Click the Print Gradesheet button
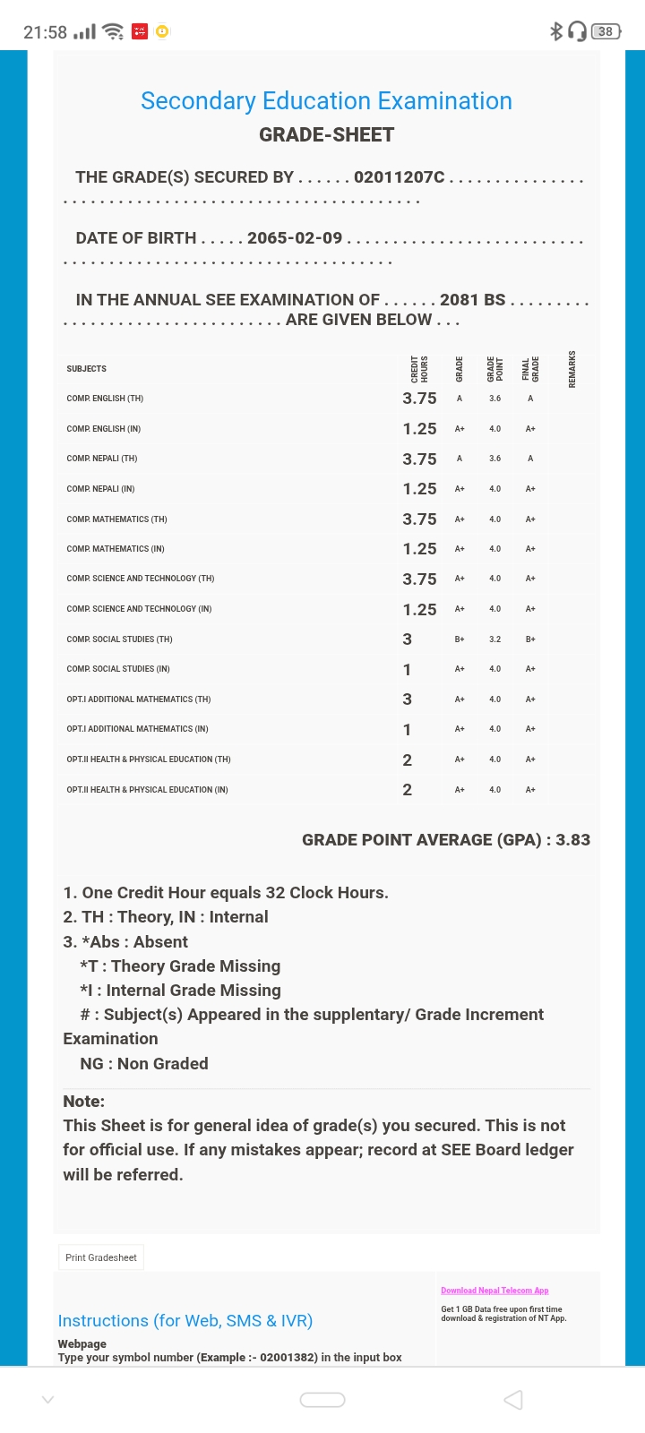pos(101,1257)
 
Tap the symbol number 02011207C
pos(399,177)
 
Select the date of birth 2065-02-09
pos(295,238)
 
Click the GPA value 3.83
pos(572,840)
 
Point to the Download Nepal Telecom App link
pos(494,1291)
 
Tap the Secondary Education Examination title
pos(326,101)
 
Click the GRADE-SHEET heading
pos(326,135)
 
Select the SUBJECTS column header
pos(86,369)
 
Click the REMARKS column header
pos(572,369)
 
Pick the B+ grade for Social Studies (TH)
pos(459,639)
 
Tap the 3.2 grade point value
pos(494,639)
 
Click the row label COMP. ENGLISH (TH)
pos(105,399)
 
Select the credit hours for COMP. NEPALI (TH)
pos(419,459)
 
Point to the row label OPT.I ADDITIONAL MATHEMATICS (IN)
pos(137,729)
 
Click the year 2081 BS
pos(472,300)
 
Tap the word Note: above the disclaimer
pos(84,1102)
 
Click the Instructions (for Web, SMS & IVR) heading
pos(185,1321)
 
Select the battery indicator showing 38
pos(606,31)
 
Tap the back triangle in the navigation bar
pos(513,1400)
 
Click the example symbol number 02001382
pos(288,1358)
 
